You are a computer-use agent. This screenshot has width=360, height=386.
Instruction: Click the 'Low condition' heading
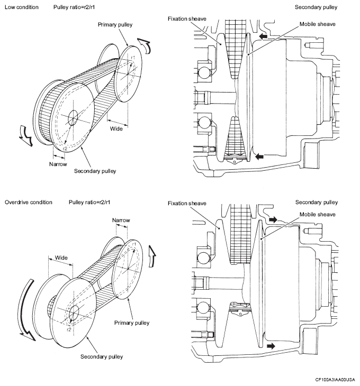(x=22, y=7)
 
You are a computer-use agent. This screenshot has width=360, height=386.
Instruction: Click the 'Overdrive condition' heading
(x=29, y=202)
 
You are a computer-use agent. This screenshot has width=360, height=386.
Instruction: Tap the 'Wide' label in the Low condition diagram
(x=116, y=128)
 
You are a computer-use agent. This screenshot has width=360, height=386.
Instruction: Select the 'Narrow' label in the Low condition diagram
(x=58, y=164)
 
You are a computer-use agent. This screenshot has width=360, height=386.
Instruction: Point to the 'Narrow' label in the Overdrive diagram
(x=121, y=220)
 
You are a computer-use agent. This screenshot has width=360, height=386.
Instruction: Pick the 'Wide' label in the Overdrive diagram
(x=61, y=258)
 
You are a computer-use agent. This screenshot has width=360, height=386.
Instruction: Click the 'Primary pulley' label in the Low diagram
(x=115, y=25)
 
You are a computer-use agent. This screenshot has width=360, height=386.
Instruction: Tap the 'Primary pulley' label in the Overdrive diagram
(x=132, y=323)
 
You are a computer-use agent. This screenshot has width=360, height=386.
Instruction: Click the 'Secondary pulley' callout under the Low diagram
(x=95, y=171)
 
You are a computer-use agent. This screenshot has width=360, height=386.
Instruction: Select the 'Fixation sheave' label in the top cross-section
(x=187, y=19)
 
